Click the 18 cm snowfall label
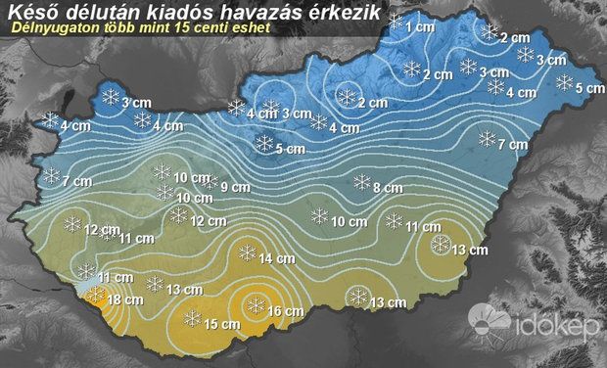(121, 299)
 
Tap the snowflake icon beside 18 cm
(95, 293)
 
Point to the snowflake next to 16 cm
(257, 306)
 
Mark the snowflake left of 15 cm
(193, 318)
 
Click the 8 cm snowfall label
(389, 187)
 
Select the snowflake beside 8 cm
(361, 182)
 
